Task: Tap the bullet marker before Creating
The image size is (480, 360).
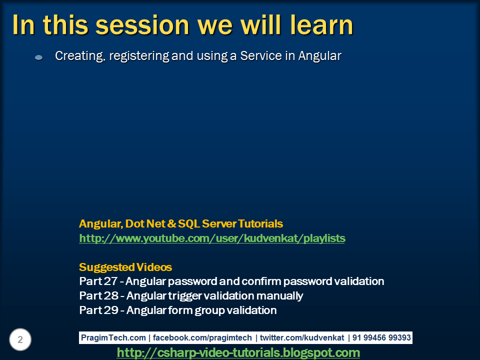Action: click(39, 58)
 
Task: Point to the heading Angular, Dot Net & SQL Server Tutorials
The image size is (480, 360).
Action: click(181, 223)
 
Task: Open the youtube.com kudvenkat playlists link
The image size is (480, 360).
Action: click(212, 238)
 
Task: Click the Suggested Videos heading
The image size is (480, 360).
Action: click(125, 267)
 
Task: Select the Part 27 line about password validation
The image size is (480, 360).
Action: click(231, 281)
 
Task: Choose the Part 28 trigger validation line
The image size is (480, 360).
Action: click(191, 295)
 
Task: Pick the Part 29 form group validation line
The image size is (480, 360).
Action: click(177, 310)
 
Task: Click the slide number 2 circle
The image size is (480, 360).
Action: click(20, 340)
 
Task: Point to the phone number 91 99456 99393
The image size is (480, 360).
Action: click(381, 337)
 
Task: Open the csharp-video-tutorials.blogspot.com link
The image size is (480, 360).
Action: click(238, 353)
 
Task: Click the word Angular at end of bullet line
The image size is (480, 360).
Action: click(319, 56)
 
